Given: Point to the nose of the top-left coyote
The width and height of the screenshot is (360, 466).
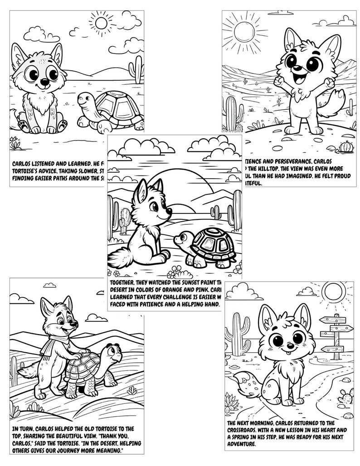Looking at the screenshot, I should (44, 83).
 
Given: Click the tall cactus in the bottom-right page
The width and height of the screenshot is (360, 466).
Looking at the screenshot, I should (238, 333).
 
